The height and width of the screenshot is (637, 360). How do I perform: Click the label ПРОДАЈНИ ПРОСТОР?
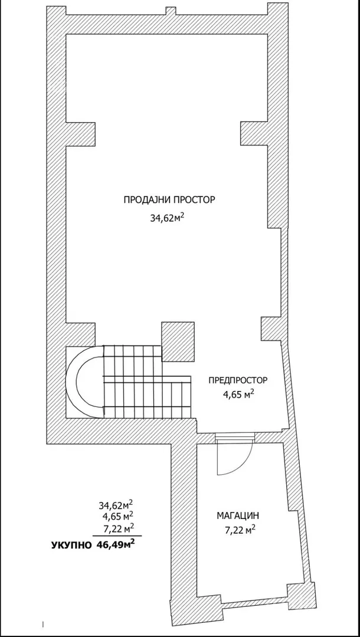click(169, 200)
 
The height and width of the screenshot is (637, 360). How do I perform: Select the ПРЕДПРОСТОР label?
click(238, 380)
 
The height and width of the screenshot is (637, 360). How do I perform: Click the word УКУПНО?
click(71, 546)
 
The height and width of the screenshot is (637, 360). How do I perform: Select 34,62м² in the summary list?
click(116, 505)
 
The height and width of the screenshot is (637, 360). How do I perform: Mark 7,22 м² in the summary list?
click(119, 527)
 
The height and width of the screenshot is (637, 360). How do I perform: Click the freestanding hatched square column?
click(178, 342)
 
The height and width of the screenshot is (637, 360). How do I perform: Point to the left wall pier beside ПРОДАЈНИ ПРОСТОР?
click(80, 134)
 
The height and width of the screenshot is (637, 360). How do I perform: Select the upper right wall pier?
click(254, 134)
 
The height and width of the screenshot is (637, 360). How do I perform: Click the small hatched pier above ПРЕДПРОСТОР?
click(271, 329)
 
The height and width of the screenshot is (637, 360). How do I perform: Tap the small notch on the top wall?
click(171, 11)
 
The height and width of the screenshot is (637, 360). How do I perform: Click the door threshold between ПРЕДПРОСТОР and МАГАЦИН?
click(235, 437)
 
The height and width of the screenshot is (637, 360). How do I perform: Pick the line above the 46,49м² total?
click(117, 536)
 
